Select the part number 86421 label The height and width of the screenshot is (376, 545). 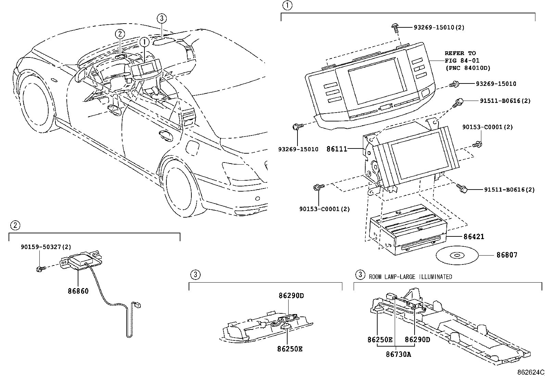[474, 237]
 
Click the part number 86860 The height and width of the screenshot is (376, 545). [78, 291]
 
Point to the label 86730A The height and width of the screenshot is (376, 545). [398, 354]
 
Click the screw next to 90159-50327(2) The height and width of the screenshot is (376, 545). [40, 269]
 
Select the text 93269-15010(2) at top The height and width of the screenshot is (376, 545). [439, 27]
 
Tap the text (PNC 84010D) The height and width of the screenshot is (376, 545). [467, 68]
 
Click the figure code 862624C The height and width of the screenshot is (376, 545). [530, 372]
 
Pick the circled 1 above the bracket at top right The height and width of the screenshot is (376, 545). [287, 6]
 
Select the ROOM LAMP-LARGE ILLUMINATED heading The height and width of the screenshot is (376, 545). [410, 276]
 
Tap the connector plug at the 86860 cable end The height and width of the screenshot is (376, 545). [139, 304]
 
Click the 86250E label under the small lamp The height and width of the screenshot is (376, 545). [290, 349]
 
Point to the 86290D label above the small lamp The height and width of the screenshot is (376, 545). [291, 295]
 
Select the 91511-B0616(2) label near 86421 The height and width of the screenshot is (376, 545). [509, 189]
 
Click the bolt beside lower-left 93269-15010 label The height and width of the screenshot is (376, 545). [296, 127]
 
